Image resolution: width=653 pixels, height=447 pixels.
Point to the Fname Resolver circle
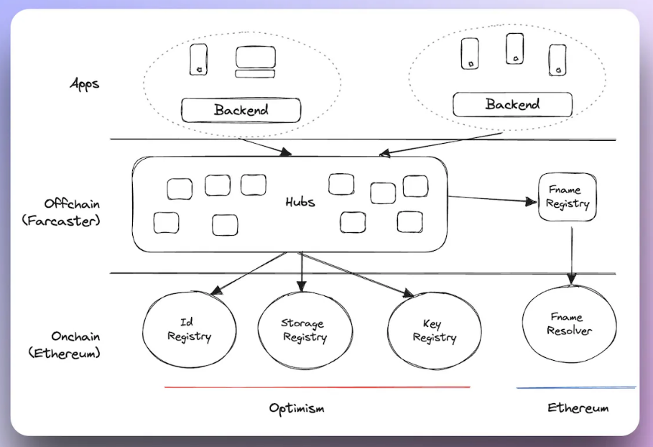[568, 324]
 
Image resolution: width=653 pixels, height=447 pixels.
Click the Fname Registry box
[568, 197]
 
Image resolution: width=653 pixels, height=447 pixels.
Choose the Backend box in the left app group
[241, 110]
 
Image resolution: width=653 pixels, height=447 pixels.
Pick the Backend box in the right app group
[512, 104]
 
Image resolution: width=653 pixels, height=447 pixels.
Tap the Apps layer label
[84, 83]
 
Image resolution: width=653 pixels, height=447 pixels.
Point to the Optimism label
[297, 408]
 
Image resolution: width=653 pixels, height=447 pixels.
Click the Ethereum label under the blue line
[578, 407]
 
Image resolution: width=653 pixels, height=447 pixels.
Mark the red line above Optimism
[316, 387]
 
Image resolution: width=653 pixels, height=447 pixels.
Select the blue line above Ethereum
[575, 388]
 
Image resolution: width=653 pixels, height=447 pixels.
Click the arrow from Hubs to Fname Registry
[491, 198]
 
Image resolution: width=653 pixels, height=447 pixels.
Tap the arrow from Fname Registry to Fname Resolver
[572, 252]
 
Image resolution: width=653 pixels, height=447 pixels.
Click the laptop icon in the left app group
[255, 62]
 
